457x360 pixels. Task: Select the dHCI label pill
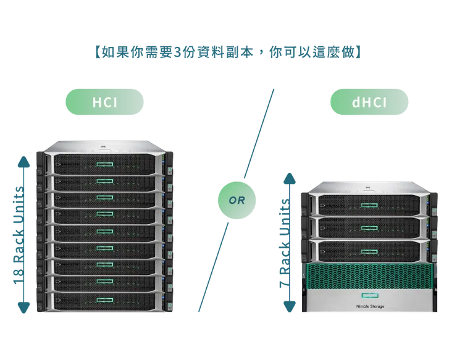coord(369,103)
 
